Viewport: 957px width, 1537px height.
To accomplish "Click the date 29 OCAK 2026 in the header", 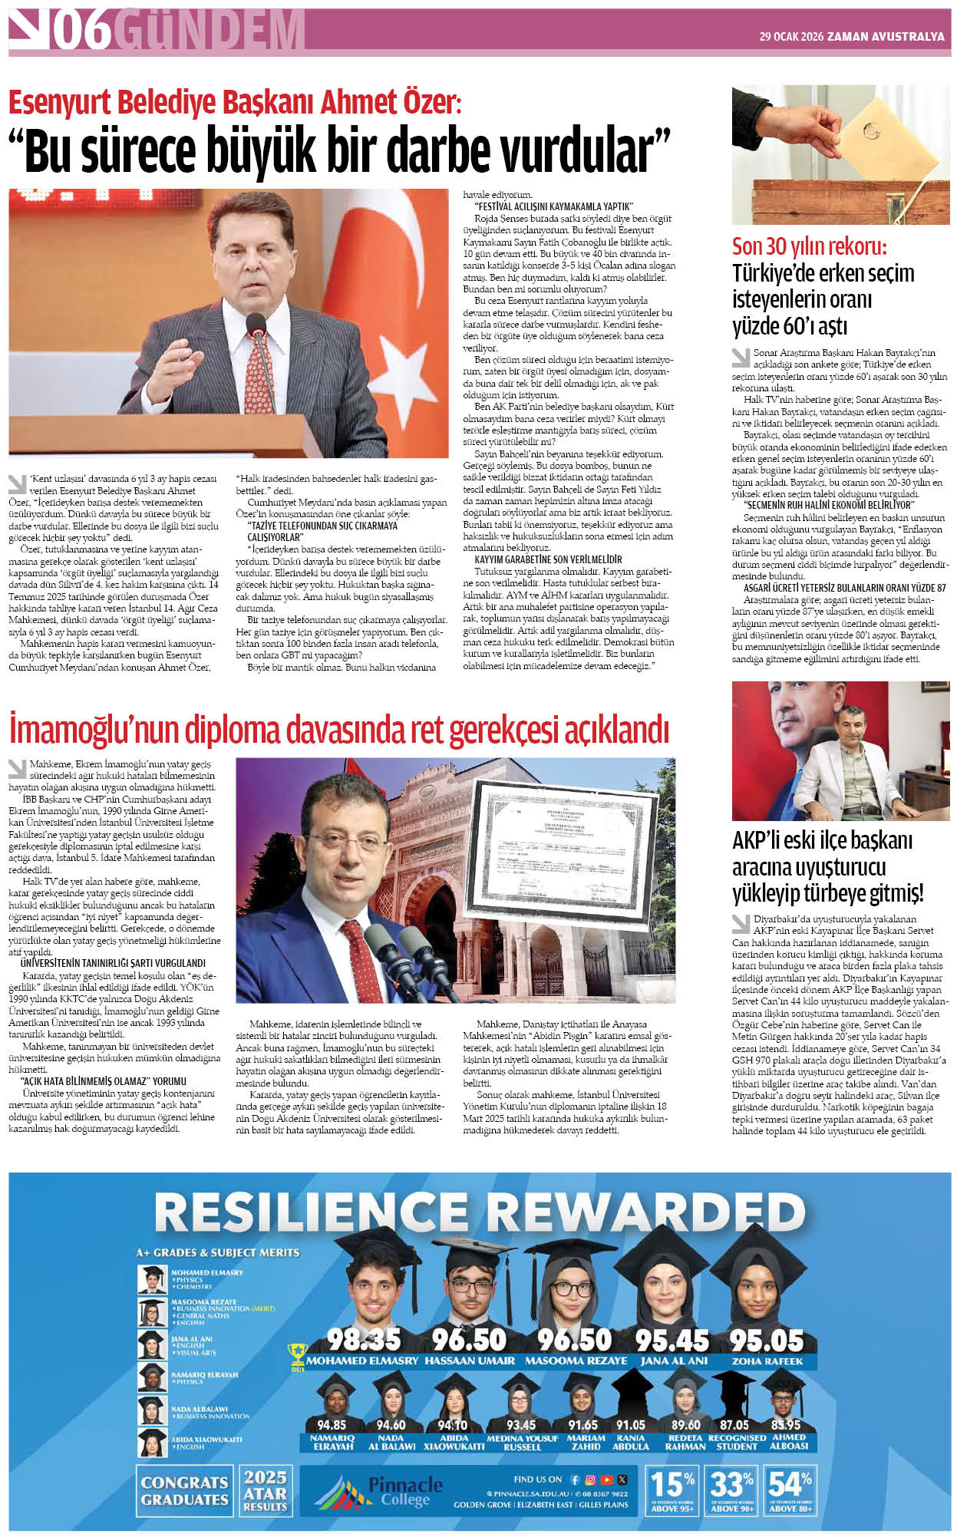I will click(790, 36).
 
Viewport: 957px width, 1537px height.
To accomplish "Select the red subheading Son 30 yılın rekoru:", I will click(809, 247).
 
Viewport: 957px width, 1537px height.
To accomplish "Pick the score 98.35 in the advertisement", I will click(364, 1339).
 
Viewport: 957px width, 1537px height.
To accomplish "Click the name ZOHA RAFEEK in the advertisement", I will click(767, 1361).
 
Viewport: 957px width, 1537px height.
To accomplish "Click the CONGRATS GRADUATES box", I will click(185, 1490).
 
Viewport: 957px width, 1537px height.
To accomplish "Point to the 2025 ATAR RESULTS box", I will click(265, 1490).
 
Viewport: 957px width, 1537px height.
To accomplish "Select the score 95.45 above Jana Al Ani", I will click(672, 1339).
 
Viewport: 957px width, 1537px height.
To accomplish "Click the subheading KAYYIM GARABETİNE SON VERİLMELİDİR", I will click(548, 559).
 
